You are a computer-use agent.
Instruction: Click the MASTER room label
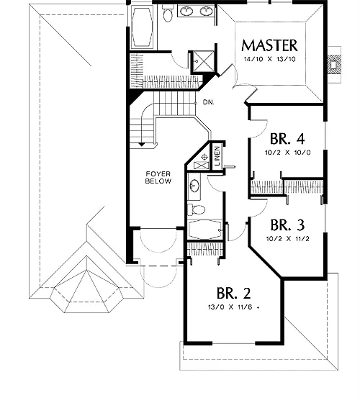[x=269, y=46]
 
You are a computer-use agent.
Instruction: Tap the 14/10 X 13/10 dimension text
[x=270, y=59]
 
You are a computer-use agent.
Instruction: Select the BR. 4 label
[x=287, y=139]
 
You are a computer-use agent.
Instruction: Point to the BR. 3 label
[x=287, y=225]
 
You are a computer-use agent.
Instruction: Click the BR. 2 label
[x=233, y=293]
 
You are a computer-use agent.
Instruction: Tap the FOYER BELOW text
[x=158, y=178]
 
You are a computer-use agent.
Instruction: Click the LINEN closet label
[x=217, y=155]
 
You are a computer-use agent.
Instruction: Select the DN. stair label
[x=208, y=102]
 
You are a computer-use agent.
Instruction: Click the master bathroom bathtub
[x=143, y=27]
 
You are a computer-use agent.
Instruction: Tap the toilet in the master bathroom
[x=168, y=14]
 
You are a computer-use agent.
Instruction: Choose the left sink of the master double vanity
[x=186, y=11]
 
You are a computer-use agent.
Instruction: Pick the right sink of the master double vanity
[x=206, y=11]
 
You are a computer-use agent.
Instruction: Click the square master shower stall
[x=203, y=61]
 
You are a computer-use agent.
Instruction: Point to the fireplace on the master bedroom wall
[x=335, y=65]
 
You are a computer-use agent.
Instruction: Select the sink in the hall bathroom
[x=194, y=186]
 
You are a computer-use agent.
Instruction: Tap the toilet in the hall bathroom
[x=196, y=209]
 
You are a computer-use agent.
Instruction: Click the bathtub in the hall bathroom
[x=205, y=230]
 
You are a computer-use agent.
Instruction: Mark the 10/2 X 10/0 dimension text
[x=288, y=153]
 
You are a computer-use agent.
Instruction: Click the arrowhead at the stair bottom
[x=141, y=145]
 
